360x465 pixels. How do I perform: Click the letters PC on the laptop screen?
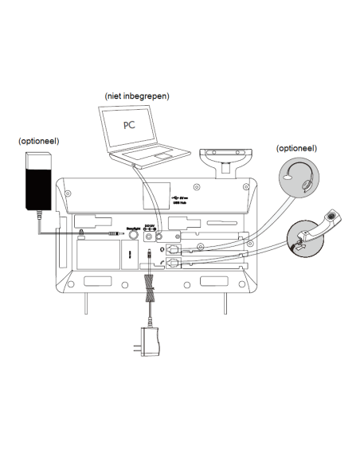tap(129, 126)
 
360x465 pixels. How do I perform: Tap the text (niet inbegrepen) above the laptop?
tap(136, 96)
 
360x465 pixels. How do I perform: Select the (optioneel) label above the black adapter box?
tap(39, 141)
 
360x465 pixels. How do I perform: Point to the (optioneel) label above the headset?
tap(296, 148)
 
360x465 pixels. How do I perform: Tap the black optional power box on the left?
tap(38, 185)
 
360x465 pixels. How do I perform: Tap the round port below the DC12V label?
tap(160, 236)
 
